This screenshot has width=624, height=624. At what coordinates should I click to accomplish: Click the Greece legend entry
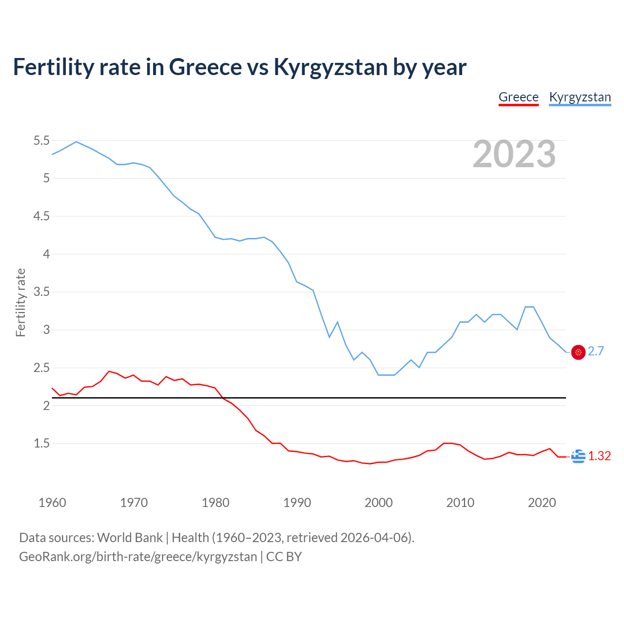518,97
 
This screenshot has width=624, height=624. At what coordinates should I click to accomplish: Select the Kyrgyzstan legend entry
580,97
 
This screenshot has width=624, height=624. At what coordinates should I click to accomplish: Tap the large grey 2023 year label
514,154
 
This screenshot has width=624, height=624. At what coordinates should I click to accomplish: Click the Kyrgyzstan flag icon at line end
578,352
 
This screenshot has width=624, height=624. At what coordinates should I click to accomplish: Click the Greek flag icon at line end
578,456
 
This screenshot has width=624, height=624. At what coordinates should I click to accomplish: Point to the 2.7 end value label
596,351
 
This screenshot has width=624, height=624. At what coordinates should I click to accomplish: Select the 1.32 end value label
599,456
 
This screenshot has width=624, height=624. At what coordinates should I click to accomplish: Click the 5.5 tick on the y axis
41,141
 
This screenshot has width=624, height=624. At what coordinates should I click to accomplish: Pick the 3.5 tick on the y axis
41,292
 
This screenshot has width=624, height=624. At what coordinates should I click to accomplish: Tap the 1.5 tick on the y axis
41,444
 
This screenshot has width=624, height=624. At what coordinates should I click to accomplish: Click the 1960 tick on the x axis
52,503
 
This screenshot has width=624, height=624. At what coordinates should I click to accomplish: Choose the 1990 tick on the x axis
297,503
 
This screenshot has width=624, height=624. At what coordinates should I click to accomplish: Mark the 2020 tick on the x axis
542,503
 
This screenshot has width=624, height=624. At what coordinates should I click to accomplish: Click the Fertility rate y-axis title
20,302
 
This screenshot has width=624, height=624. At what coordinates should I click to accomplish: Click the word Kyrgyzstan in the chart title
331,67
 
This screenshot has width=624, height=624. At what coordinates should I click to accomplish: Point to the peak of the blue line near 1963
76,142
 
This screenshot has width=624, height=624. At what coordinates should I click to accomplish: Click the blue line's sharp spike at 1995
337,322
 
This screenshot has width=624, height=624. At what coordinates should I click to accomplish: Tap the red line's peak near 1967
109,371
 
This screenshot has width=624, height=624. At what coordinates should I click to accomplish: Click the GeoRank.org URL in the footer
138,557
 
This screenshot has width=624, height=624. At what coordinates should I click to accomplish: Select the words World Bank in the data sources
130,538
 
